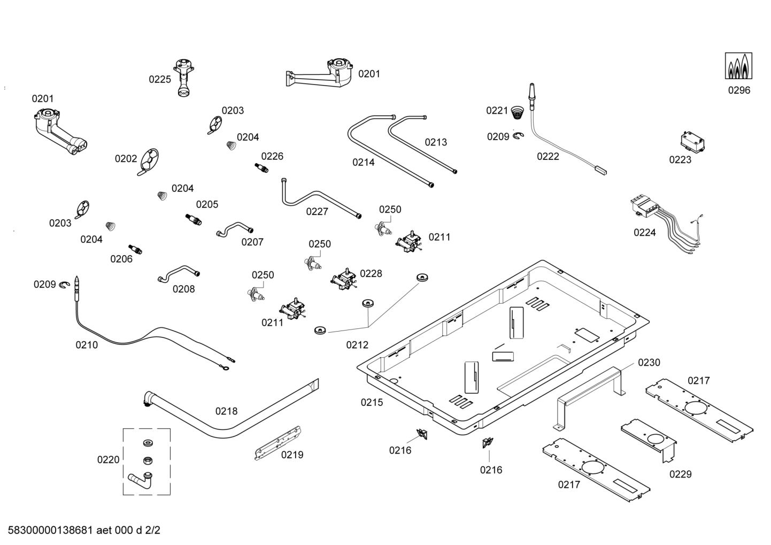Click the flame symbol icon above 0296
pyautogui.click(x=738, y=66)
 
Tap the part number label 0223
pyautogui.click(x=680, y=159)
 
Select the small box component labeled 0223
pyautogui.click(x=692, y=142)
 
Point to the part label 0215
pyautogui.click(x=372, y=402)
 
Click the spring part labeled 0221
pyautogui.click(x=516, y=112)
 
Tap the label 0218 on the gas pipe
pyautogui.click(x=226, y=411)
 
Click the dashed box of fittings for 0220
pyautogui.click(x=147, y=461)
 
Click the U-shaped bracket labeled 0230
pyautogui.click(x=591, y=394)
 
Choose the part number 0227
pyautogui.click(x=317, y=211)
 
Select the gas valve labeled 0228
pyautogui.click(x=343, y=279)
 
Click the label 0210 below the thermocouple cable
pyautogui.click(x=87, y=345)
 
